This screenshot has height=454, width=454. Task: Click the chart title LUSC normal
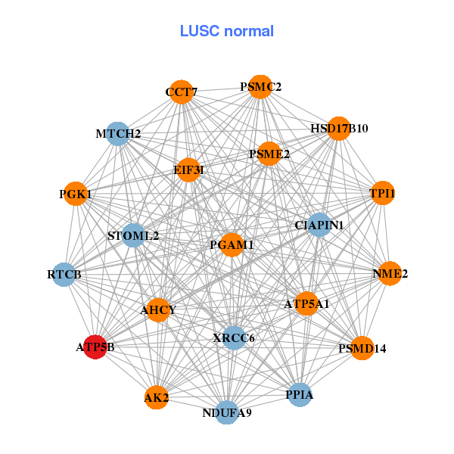[227, 31]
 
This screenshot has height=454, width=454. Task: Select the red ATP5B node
[95, 347]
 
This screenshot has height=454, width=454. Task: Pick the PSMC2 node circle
[260, 86]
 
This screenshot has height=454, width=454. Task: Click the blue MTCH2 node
[117, 134]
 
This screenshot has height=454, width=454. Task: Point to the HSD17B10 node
[337, 128]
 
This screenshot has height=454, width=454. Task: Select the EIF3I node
[188, 169]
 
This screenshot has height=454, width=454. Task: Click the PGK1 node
[75, 194]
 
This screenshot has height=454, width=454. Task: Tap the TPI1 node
[382, 193]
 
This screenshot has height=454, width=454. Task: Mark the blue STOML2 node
[133, 235]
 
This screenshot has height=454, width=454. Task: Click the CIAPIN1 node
[319, 225]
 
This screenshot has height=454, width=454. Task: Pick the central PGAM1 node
[231, 244]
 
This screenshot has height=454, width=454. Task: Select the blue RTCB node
[64, 273]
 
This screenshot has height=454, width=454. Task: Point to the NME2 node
[390, 273]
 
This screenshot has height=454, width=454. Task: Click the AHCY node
[158, 309]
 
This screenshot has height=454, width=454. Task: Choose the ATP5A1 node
[306, 303]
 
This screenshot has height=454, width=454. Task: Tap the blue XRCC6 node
[234, 337]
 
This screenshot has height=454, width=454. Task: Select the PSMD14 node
[362, 348]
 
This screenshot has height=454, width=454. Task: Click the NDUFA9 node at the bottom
[227, 412]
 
